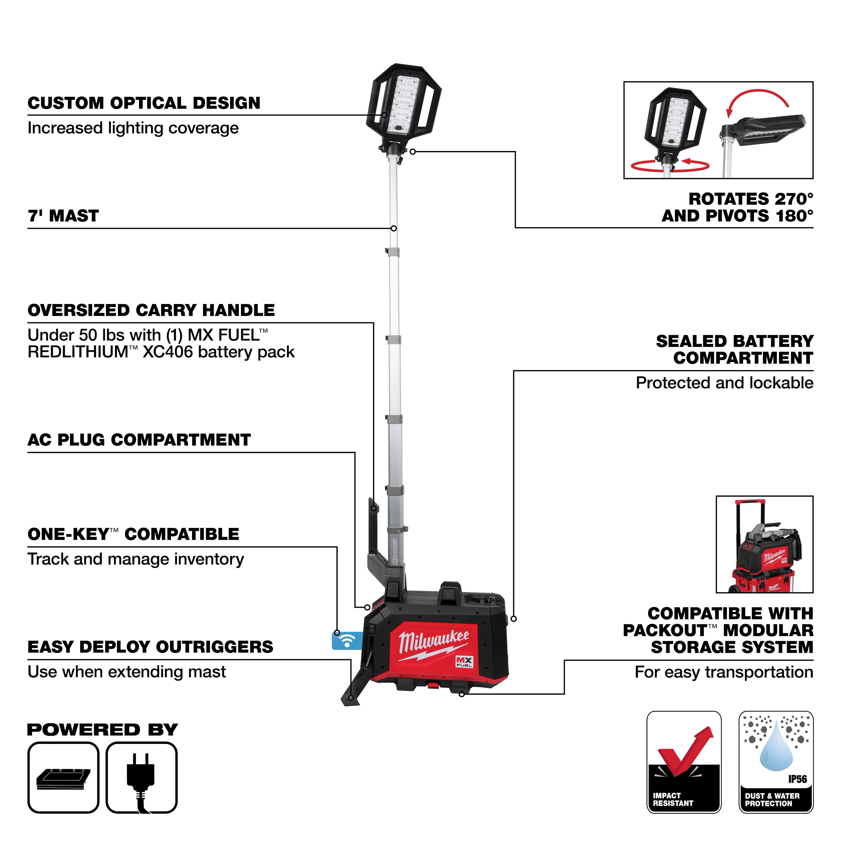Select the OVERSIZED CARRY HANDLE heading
pyautogui.click(x=151, y=310)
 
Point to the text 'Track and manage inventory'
pyautogui.click(x=135, y=559)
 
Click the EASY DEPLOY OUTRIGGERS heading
pyautogui.click(x=150, y=647)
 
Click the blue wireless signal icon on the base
pyautogui.click(x=346, y=641)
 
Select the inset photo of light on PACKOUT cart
pyautogui.click(x=764, y=544)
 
